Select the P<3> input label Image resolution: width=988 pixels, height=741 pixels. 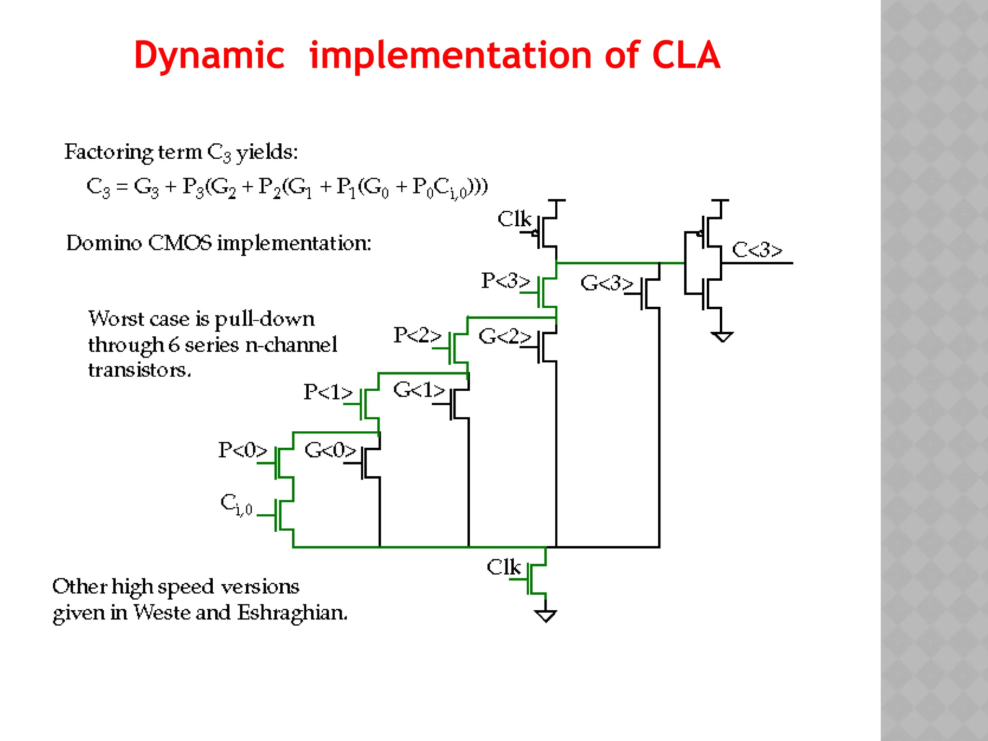point(505,280)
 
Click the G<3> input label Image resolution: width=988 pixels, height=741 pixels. point(606,283)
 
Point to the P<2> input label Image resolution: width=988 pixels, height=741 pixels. point(417,335)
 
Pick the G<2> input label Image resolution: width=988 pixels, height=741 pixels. point(504,336)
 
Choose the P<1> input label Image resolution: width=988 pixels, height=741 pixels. point(328,392)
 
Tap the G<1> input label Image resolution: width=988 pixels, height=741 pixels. point(418,390)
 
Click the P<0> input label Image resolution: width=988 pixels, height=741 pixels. point(242,450)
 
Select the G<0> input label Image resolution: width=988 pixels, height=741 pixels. point(330,450)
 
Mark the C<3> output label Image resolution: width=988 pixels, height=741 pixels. point(756,250)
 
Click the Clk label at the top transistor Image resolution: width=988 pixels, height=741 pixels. point(514,219)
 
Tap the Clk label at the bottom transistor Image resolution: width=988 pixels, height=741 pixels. point(503,567)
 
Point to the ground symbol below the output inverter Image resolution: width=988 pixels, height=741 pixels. point(722,336)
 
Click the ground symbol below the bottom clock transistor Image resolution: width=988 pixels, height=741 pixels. point(546,616)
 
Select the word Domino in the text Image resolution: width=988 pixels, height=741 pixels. point(104,243)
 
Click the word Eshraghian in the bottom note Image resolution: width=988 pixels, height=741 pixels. point(292,613)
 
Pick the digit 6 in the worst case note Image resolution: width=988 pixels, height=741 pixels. point(174,345)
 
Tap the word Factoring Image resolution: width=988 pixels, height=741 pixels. point(109,152)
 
